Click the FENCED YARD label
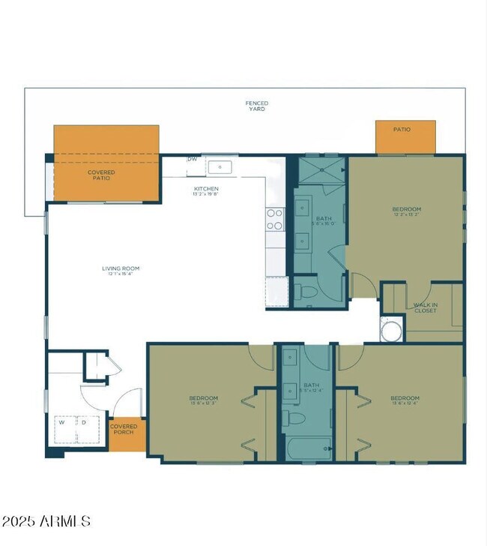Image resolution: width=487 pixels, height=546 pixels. (x=257, y=106)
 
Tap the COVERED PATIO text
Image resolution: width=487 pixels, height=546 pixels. (x=101, y=175)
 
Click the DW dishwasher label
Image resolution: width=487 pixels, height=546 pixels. (x=193, y=159)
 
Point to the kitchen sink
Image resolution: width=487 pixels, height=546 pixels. (x=220, y=166)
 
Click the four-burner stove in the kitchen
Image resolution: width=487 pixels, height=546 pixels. (x=275, y=218)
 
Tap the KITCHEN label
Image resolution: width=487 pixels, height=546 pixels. (x=206, y=190)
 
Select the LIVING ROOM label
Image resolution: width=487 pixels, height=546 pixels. (x=121, y=270)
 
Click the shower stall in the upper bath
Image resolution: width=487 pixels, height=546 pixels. (x=322, y=170)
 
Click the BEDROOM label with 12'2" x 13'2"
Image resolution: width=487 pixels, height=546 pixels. (x=406, y=211)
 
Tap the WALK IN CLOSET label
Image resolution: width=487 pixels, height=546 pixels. (x=426, y=307)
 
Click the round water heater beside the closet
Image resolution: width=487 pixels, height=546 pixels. (x=391, y=330)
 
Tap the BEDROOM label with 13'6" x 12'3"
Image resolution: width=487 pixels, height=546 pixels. (x=203, y=400)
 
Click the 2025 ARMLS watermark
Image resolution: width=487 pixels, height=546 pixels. (x=46, y=520)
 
